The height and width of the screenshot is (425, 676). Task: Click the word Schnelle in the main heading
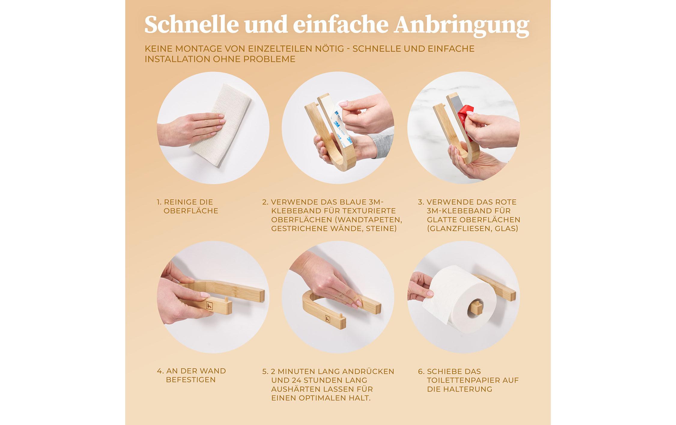point(191,25)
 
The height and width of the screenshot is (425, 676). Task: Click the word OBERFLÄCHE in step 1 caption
point(191,211)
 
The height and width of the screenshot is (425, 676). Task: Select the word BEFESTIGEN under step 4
point(191,380)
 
